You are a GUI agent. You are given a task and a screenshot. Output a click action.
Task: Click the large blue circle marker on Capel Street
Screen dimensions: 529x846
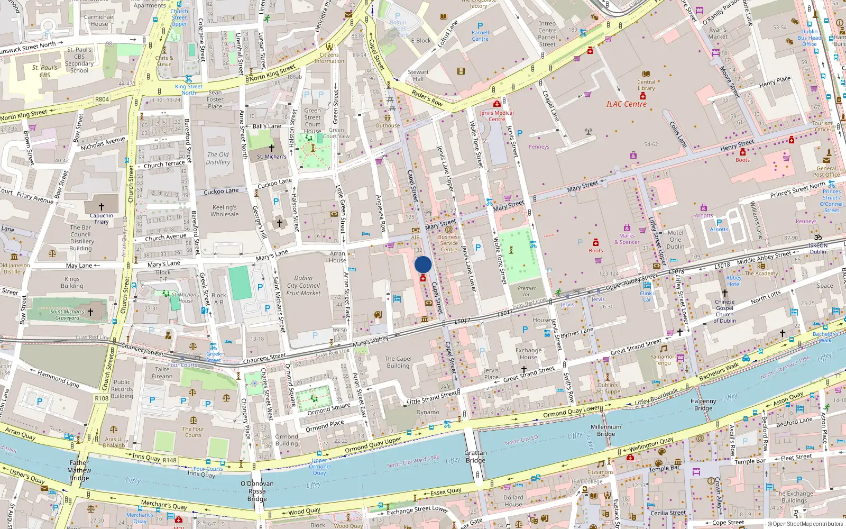coord(423,264)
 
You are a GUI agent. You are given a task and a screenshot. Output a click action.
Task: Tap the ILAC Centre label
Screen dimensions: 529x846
coord(626,104)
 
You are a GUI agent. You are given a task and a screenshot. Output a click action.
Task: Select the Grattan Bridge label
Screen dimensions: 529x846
coord(475,457)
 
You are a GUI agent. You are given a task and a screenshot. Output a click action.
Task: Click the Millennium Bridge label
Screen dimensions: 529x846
coord(606,430)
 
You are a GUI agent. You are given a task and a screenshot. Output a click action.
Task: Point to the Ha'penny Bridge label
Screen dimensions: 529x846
coord(703,405)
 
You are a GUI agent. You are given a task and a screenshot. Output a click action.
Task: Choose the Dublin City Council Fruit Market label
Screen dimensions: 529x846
coord(304,285)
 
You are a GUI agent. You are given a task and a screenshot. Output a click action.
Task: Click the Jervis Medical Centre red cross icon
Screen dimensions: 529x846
coord(496,104)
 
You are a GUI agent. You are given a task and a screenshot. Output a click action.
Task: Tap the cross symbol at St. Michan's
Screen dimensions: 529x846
coord(272,148)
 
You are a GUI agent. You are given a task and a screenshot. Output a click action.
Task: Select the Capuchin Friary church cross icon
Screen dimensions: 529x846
coord(102,206)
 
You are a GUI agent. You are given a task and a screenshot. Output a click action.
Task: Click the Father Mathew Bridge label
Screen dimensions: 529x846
coord(79,470)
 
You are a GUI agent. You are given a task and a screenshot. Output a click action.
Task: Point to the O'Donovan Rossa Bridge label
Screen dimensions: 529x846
coord(257,491)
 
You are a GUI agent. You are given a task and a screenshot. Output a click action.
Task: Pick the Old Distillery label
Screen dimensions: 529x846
coord(218,158)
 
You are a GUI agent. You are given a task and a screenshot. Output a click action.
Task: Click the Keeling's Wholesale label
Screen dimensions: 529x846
coord(225,211)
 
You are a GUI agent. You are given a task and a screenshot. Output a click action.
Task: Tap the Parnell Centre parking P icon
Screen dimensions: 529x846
coord(480,25)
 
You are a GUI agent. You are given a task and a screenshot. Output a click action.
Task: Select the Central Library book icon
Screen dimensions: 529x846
coord(646,74)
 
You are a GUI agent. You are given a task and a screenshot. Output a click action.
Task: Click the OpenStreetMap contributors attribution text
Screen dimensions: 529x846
coord(807,524)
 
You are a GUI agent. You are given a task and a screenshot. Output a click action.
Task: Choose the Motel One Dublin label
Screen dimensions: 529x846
coord(675,239)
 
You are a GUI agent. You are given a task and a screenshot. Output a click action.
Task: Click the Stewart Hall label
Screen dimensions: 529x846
coord(418,75)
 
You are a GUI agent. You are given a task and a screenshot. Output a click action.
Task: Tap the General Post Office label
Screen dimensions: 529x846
coord(826,171)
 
